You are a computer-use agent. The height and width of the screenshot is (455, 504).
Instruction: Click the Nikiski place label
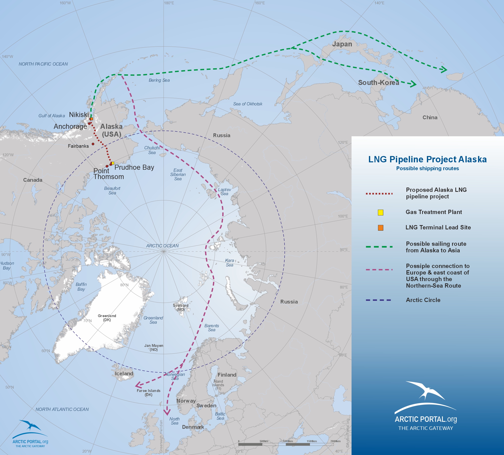(x=79, y=115)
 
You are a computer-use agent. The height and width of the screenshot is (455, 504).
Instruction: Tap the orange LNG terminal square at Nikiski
(x=91, y=119)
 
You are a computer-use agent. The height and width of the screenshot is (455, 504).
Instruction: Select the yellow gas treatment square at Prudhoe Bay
(x=113, y=163)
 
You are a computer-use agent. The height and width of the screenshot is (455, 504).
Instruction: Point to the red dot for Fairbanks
(x=93, y=144)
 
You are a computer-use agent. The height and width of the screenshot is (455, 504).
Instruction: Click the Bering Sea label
(x=159, y=80)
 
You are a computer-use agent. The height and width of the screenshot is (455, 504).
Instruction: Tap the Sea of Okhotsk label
(x=247, y=104)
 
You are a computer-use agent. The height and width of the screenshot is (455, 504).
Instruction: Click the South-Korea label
(x=379, y=83)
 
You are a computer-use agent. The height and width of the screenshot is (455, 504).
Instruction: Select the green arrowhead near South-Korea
(x=413, y=84)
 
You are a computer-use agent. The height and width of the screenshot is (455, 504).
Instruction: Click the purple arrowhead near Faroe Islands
(x=138, y=385)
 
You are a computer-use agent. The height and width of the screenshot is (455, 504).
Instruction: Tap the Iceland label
(x=124, y=374)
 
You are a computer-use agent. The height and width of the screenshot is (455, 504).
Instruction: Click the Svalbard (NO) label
(x=180, y=307)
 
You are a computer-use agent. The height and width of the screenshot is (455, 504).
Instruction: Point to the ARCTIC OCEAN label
(x=162, y=246)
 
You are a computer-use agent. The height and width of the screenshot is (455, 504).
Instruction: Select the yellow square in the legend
(x=381, y=213)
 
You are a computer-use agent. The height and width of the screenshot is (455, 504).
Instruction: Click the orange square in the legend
(x=381, y=228)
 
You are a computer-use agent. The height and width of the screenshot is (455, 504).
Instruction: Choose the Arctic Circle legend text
(x=423, y=300)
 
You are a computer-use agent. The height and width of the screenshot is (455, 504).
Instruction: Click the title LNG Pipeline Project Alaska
(x=427, y=159)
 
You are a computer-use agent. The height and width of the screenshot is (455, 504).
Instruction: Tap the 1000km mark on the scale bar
(x=288, y=441)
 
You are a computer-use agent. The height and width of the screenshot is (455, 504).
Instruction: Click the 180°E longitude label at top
(x=169, y=3)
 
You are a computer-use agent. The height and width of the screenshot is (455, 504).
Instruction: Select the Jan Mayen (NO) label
(x=154, y=348)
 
